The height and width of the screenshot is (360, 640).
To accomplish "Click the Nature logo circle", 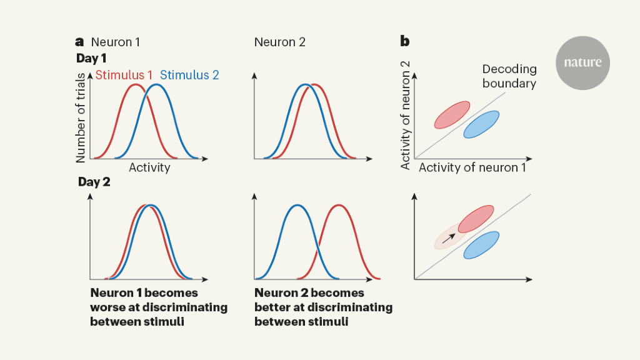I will click(582, 62).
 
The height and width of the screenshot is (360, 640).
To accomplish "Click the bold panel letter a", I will click(79, 42).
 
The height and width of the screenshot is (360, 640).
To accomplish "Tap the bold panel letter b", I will click(405, 42).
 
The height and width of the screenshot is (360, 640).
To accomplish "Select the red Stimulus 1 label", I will click(124, 75).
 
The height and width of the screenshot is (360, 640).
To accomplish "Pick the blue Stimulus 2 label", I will click(189, 75).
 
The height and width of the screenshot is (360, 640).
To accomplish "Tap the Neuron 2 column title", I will click(279, 42).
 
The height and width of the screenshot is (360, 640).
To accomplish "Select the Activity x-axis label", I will click(149, 167).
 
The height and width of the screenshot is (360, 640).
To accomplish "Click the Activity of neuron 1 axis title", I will click(472, 167).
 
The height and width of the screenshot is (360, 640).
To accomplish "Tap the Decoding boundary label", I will click(509, 76).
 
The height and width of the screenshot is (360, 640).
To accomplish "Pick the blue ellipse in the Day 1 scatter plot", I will click(481, 124).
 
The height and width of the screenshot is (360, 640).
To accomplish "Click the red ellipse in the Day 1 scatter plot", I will click(452, 115).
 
